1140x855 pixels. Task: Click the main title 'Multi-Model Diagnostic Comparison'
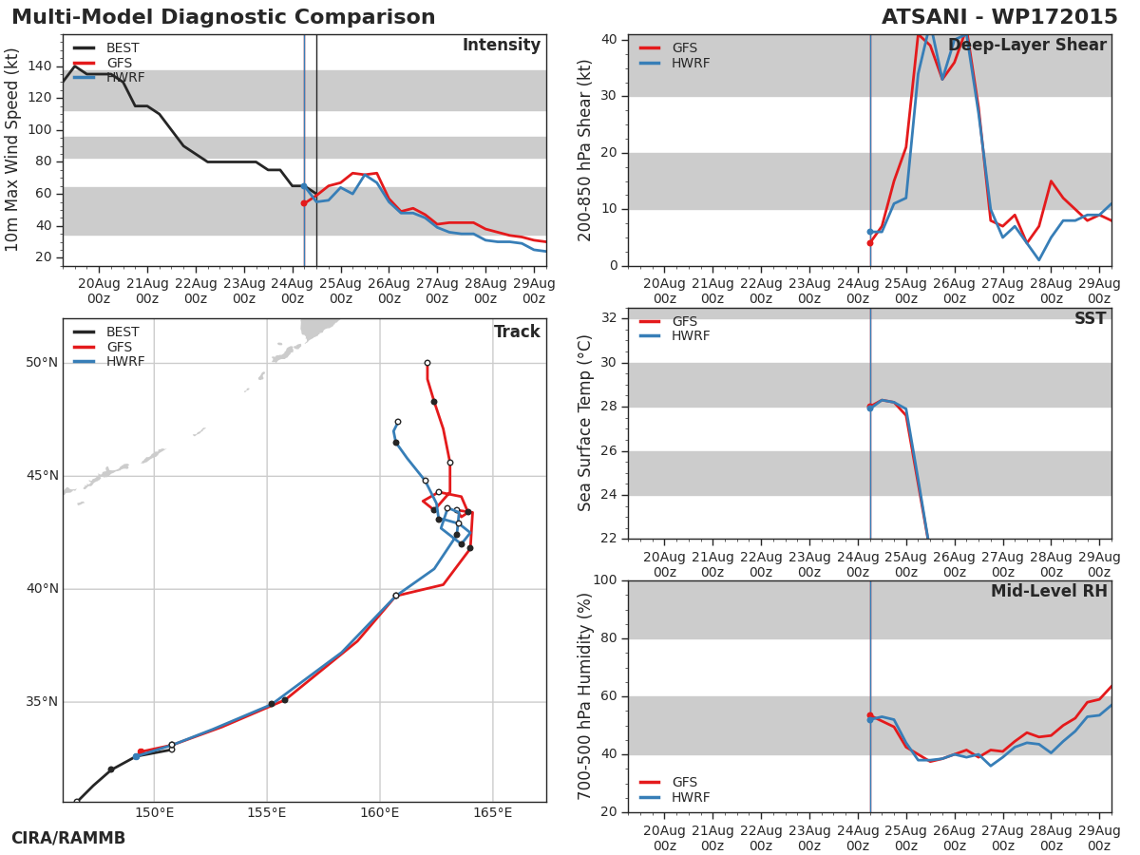223,17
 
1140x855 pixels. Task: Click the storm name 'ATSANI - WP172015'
999,17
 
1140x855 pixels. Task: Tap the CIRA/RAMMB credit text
68,838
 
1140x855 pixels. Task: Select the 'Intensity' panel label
502,46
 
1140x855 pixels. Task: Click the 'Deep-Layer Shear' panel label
1027,46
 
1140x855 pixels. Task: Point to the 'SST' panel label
1091,318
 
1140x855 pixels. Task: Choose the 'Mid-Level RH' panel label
1049,591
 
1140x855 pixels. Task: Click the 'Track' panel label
517,332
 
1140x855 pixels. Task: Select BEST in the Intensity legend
123,47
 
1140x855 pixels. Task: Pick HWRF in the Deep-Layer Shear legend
691,63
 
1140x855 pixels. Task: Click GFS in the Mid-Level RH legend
685,782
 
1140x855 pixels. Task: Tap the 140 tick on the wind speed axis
40,66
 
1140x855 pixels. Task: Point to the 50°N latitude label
42,362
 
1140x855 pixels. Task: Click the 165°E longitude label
492,812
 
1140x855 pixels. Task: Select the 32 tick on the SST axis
609,317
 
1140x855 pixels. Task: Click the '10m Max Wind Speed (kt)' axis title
11,150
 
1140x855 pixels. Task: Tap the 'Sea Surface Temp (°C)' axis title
584,423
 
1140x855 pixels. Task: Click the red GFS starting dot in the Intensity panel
304,203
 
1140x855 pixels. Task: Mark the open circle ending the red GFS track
427,363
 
